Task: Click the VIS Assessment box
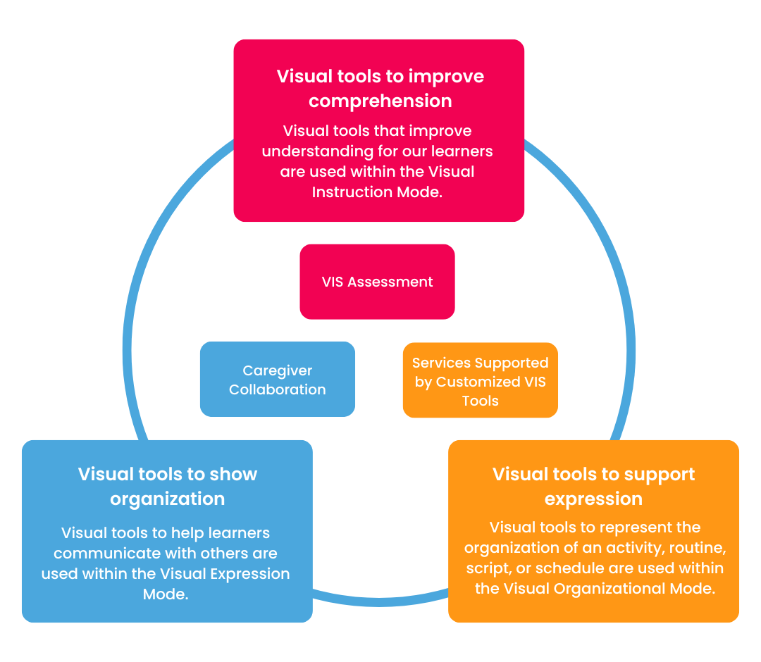[x=377, y=282]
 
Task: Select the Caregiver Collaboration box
[x=277, y=380]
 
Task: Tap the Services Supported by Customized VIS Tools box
[x=480, y=381]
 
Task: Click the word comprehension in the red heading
[x=380, y=101]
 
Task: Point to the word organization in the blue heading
[x=168, y=499]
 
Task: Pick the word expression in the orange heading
[x=593, y=499]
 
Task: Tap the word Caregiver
[x=277, y=370]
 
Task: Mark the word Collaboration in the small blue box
[x=277, y=389]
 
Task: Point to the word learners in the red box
[x=460, y=151]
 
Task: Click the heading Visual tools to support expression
[x=593, y=486]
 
